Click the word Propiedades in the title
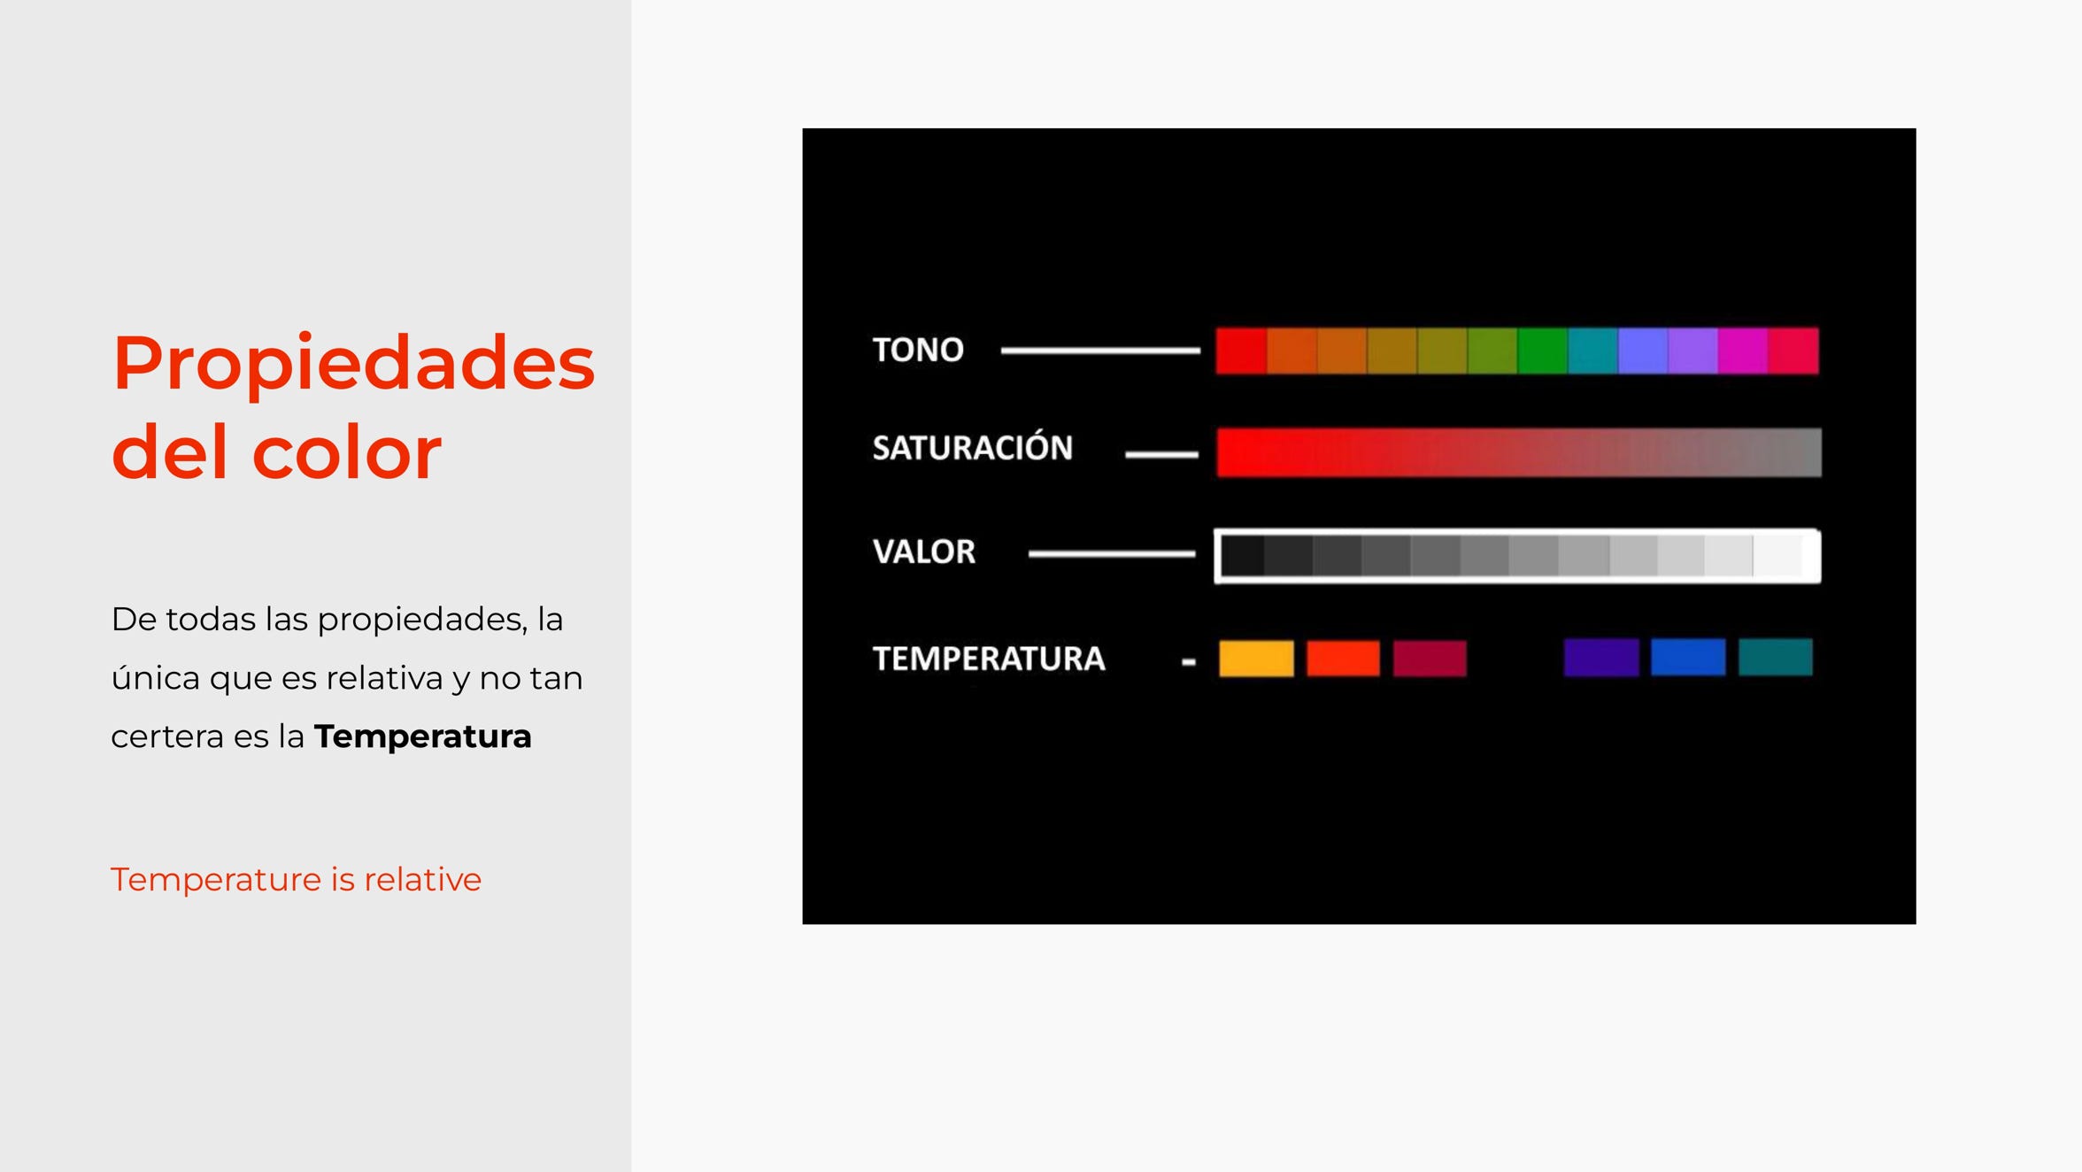[353, 364]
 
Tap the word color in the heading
[347, 452]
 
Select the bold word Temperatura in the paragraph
[422, 736]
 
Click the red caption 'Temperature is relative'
[296, 880]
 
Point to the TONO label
[918, 350]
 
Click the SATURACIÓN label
[972, 446]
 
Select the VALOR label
[923, 551]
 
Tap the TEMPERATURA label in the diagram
[989, 659]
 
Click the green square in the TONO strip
[1542, 351]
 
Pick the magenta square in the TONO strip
[1742, 351]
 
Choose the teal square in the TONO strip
[1592, 351]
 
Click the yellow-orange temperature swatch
[1256, 659]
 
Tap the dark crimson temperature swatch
[1430, 659]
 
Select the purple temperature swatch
[1601, 658]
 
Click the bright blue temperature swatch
[1688, 658]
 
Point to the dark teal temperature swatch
[1776, 658]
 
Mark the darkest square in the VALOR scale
[1243, 556]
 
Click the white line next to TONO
[1100, 351]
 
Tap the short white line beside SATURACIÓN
[1161, 454]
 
